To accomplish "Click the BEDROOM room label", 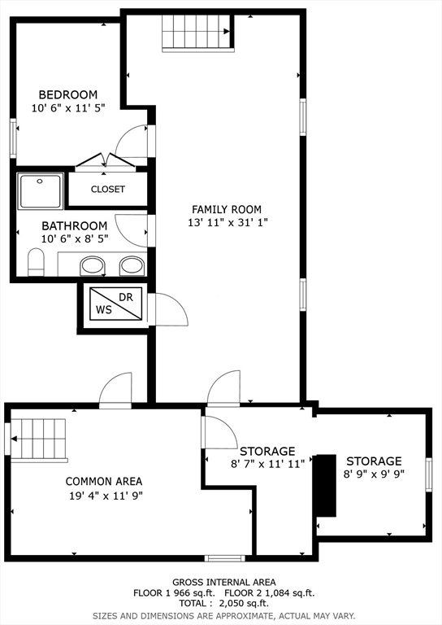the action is (68, 95).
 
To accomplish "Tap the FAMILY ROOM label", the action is (227, 209).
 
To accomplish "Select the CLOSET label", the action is (108, 189).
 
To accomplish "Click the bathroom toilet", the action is (36, 262).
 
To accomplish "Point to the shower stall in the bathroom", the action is (40, 191).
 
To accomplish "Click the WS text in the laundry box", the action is (104, 310).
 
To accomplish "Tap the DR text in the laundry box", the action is (126, 297).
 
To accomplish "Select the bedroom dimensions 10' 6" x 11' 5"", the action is (68, 107).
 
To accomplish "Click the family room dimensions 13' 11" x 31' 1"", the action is (227, 222).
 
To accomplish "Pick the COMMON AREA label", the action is (104, 482).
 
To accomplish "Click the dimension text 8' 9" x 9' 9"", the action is (374, 474).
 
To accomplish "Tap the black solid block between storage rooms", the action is (327, 486).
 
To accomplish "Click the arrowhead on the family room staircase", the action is (227, 32).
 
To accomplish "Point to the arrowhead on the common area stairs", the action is (14, 439).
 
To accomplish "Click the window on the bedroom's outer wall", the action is (13, 138).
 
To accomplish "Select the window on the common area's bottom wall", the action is (225, 558).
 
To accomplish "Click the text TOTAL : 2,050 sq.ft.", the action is (224, 603).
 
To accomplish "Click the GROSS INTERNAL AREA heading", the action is (224, 583).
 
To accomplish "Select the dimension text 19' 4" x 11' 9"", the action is (106, 496).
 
